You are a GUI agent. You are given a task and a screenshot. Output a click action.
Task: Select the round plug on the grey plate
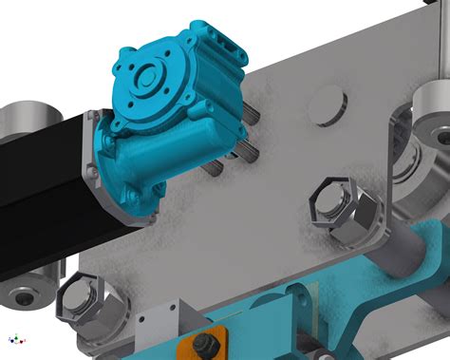point(327,103)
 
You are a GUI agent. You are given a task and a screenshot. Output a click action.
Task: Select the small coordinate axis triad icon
point(13,338)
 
